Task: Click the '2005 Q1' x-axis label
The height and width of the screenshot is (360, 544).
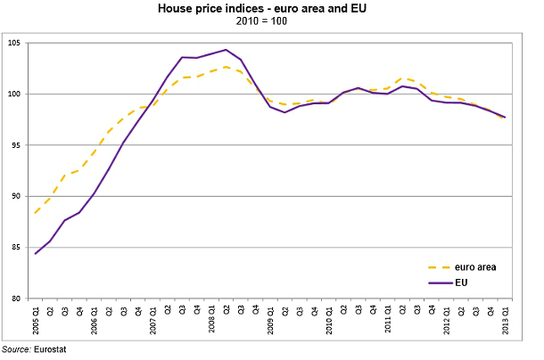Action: (36, 319)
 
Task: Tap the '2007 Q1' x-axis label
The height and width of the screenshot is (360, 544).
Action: (152, 319)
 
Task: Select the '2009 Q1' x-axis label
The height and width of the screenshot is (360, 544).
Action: (270, 319)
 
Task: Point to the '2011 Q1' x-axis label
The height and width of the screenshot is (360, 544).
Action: (388, 319)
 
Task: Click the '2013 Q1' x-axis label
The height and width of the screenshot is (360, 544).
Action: (506, 319)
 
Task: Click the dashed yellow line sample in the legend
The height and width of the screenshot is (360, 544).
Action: (427, 266)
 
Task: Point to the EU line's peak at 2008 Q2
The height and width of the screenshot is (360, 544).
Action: (226, 50)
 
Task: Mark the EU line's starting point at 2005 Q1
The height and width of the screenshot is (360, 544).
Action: (35, 254)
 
